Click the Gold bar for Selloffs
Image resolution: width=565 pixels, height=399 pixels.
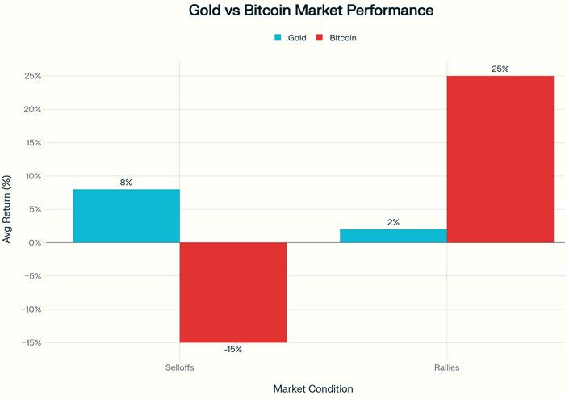[x=126, y=216]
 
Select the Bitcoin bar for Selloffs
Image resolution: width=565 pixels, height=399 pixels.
[x=232, y=292]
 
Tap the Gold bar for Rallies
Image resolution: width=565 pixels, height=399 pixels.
[x=393, y=236]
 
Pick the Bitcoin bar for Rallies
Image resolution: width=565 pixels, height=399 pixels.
[x=500, y=159]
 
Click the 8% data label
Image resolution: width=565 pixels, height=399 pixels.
[x=126, y=183]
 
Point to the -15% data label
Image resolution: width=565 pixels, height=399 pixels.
[x=232, y=350]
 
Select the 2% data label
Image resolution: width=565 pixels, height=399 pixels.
[x=393, y=222]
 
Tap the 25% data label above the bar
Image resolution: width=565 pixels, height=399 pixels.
[x=500, y=69]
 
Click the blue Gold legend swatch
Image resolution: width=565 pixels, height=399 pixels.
[x=278, y=37]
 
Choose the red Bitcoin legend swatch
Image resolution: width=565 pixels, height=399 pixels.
[x=320, y=37]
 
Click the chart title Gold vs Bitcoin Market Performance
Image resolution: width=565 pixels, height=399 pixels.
[x=311, y=11]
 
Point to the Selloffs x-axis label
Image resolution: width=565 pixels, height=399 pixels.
[x=179, y=367]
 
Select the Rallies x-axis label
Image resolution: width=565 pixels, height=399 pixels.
[x=446, y=367]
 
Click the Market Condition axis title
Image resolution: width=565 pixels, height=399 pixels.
[x=313, y=388]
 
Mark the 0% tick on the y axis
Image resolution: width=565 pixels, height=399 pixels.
[x=33, y=242]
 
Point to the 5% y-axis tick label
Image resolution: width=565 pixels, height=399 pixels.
[x=33, y=209]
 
